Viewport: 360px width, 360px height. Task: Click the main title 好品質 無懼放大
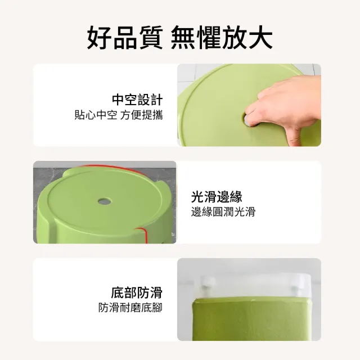[x=180, y=38]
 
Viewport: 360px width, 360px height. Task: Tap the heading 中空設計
[x=137, y=100]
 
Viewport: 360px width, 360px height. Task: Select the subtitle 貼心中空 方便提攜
[x=119, y=115]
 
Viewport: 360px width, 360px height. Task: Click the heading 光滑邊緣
[x=217, y=197]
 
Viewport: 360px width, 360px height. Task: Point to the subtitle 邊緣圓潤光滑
[x=223, y=211]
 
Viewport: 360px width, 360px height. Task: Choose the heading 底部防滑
[x=137, y=292]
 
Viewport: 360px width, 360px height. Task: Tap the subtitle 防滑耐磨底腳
[x=130, y=308]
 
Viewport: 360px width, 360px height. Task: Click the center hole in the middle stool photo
[x=105, y=201]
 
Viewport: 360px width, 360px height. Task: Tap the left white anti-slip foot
[x=209, y=283]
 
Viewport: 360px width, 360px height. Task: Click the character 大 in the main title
[x=260, y=38]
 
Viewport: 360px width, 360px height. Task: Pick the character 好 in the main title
[x=99, y=38]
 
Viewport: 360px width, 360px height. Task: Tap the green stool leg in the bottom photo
[x=251, y=319]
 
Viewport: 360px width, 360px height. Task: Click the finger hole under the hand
[x=248, y=120]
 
